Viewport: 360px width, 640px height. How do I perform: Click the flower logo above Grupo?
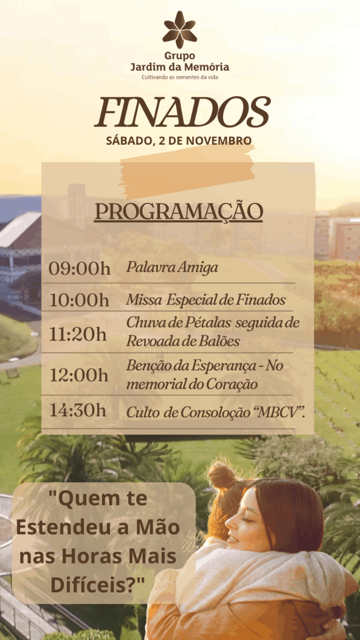[180, 29]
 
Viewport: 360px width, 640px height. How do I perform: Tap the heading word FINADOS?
[182, 112]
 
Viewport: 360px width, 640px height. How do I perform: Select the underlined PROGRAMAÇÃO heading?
[179, 212]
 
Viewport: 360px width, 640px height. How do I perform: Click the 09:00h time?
[79, 269]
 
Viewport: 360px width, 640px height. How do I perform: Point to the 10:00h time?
[79, 300]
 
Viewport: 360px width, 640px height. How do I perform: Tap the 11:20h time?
[78, 334]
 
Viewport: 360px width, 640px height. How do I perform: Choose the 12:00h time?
[79, 375]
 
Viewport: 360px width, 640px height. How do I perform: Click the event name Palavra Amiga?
[172, 268]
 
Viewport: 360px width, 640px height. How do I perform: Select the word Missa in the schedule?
[144, 299]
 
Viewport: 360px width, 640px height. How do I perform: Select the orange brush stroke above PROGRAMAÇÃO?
[187, 172]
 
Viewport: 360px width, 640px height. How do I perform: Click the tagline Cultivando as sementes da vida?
[180, 77]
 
